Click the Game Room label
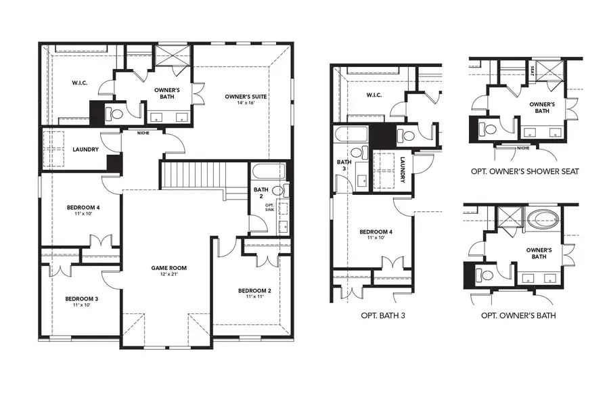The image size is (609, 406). (x=168, y=268)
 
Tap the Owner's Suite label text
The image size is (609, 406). (x=246, y=97)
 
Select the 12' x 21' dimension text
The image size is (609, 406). (x=168, y=275)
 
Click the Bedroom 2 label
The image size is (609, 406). (x=254, y=290)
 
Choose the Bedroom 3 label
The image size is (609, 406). (x=82, y=298)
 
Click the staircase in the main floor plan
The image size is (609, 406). (x=194, y=175)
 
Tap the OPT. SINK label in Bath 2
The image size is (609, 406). (x=269, y=207)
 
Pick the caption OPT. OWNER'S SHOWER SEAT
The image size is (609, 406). (x=524, y=171)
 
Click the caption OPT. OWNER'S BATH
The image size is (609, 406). (x=518, y=315)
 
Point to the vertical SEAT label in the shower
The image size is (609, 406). (x=534, y=70)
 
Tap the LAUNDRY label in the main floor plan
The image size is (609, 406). (x=86, y=150)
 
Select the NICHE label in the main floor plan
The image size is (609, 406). (x=143, y=133)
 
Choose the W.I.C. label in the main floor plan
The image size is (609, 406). (x=80, y=83)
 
